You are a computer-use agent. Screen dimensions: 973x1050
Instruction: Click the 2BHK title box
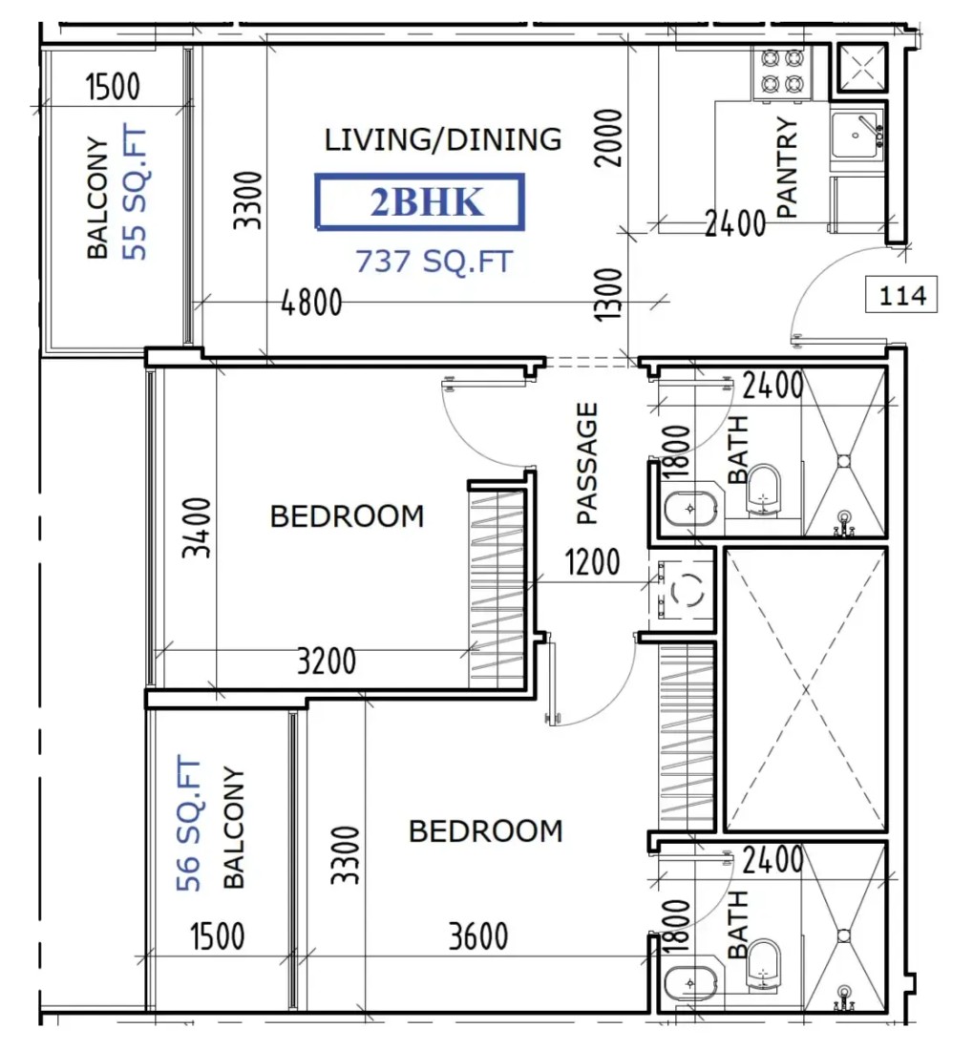click(x=420, y=201)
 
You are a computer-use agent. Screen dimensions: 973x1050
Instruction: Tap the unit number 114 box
click(x=901, y=295)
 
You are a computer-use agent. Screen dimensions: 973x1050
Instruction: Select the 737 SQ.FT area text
click(x=434, y=262)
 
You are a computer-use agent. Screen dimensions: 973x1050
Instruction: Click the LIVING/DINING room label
click(x=443, y=139)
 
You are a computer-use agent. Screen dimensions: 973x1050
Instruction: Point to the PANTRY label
click(x=788, y=167)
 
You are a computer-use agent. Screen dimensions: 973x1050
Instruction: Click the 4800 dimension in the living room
click(x=311, y=304)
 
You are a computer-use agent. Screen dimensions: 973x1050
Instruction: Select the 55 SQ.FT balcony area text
click(x=135, y=192)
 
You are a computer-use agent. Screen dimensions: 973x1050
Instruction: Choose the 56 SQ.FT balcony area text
click(x=188, y=823)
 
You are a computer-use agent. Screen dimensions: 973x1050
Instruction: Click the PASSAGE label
click(x=586, y=463)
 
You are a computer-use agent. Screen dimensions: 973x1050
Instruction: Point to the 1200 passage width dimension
click(x=593, y=562)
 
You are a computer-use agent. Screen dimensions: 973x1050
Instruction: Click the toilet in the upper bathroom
click(x=763, y=491)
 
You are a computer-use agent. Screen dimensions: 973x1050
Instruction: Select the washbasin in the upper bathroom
click(x=691, y=509)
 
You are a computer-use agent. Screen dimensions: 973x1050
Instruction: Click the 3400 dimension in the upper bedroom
click(x=198, y=528)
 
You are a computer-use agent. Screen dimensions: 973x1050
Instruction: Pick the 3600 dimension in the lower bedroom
click(x=478, y=936)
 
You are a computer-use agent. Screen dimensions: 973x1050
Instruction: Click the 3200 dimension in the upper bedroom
click(x=327, y=661)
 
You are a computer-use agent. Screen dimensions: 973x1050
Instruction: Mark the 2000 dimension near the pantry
click(x=608, y=138)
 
